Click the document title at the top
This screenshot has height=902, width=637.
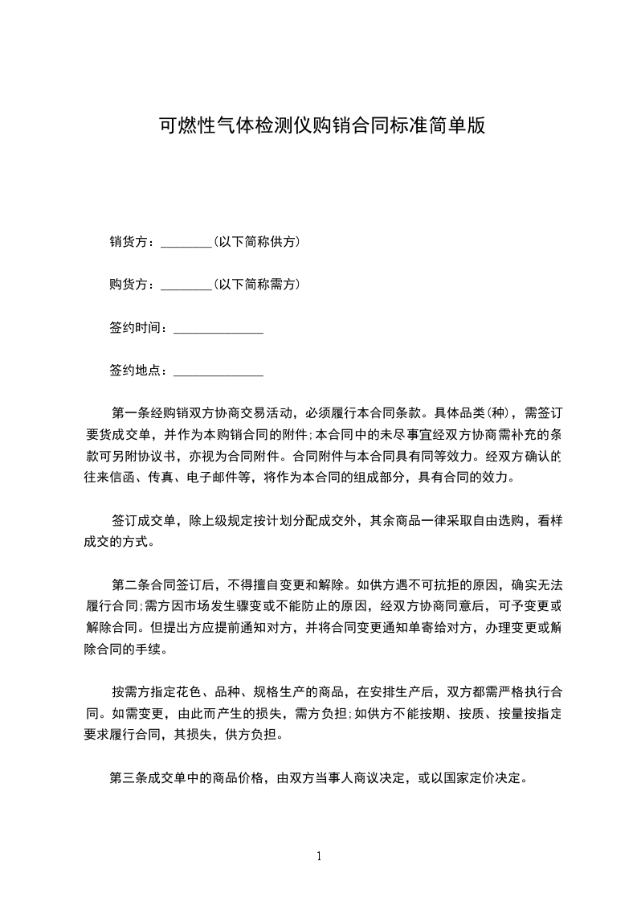321,126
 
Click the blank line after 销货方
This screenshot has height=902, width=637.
186,242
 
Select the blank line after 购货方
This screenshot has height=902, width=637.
186,285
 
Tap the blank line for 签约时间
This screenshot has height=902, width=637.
218,329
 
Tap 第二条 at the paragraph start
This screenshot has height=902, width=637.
129,584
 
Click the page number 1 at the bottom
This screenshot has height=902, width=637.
319,856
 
